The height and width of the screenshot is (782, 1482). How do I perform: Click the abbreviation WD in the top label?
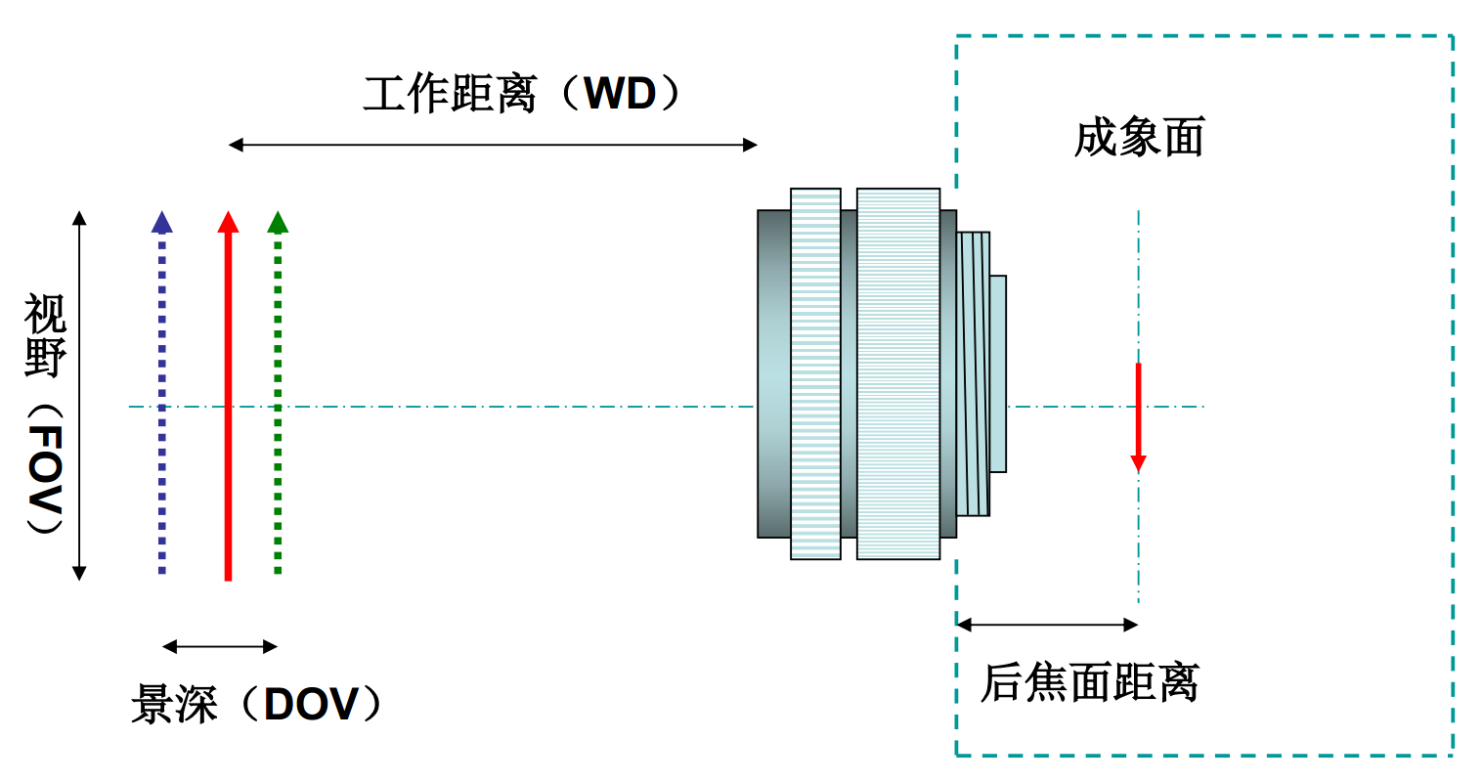tap(620, 95)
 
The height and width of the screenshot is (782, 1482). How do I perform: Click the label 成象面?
tap(1139, 138)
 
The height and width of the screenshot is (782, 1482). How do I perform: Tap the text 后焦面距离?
tap(1089, 682)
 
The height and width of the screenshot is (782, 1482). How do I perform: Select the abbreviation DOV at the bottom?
tap(310, 704)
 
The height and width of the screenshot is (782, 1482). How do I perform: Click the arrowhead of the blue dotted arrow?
tap(162, 223)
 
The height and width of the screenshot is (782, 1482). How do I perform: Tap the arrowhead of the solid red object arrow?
tap(228, 223)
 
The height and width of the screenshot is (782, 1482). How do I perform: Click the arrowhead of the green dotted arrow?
tap(278, 223)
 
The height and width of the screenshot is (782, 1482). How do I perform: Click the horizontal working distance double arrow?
tap(493, 146)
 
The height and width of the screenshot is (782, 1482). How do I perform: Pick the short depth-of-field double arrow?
tap(220, 646)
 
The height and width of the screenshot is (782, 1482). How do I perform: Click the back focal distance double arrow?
tap(1047, 624)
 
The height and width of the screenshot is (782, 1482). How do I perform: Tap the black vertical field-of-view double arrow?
tap(80, 395)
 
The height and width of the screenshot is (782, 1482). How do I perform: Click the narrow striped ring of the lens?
tap(815, 373)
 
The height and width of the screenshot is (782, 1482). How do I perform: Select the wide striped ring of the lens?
tap(897, 373)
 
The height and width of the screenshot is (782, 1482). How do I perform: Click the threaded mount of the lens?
tap(974, 373)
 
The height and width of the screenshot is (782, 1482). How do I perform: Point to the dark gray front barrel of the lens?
tap(773, 373)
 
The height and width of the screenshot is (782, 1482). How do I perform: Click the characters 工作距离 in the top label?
tap(451, 95)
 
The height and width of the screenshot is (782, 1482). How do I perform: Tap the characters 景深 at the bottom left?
tap(174, 704)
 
